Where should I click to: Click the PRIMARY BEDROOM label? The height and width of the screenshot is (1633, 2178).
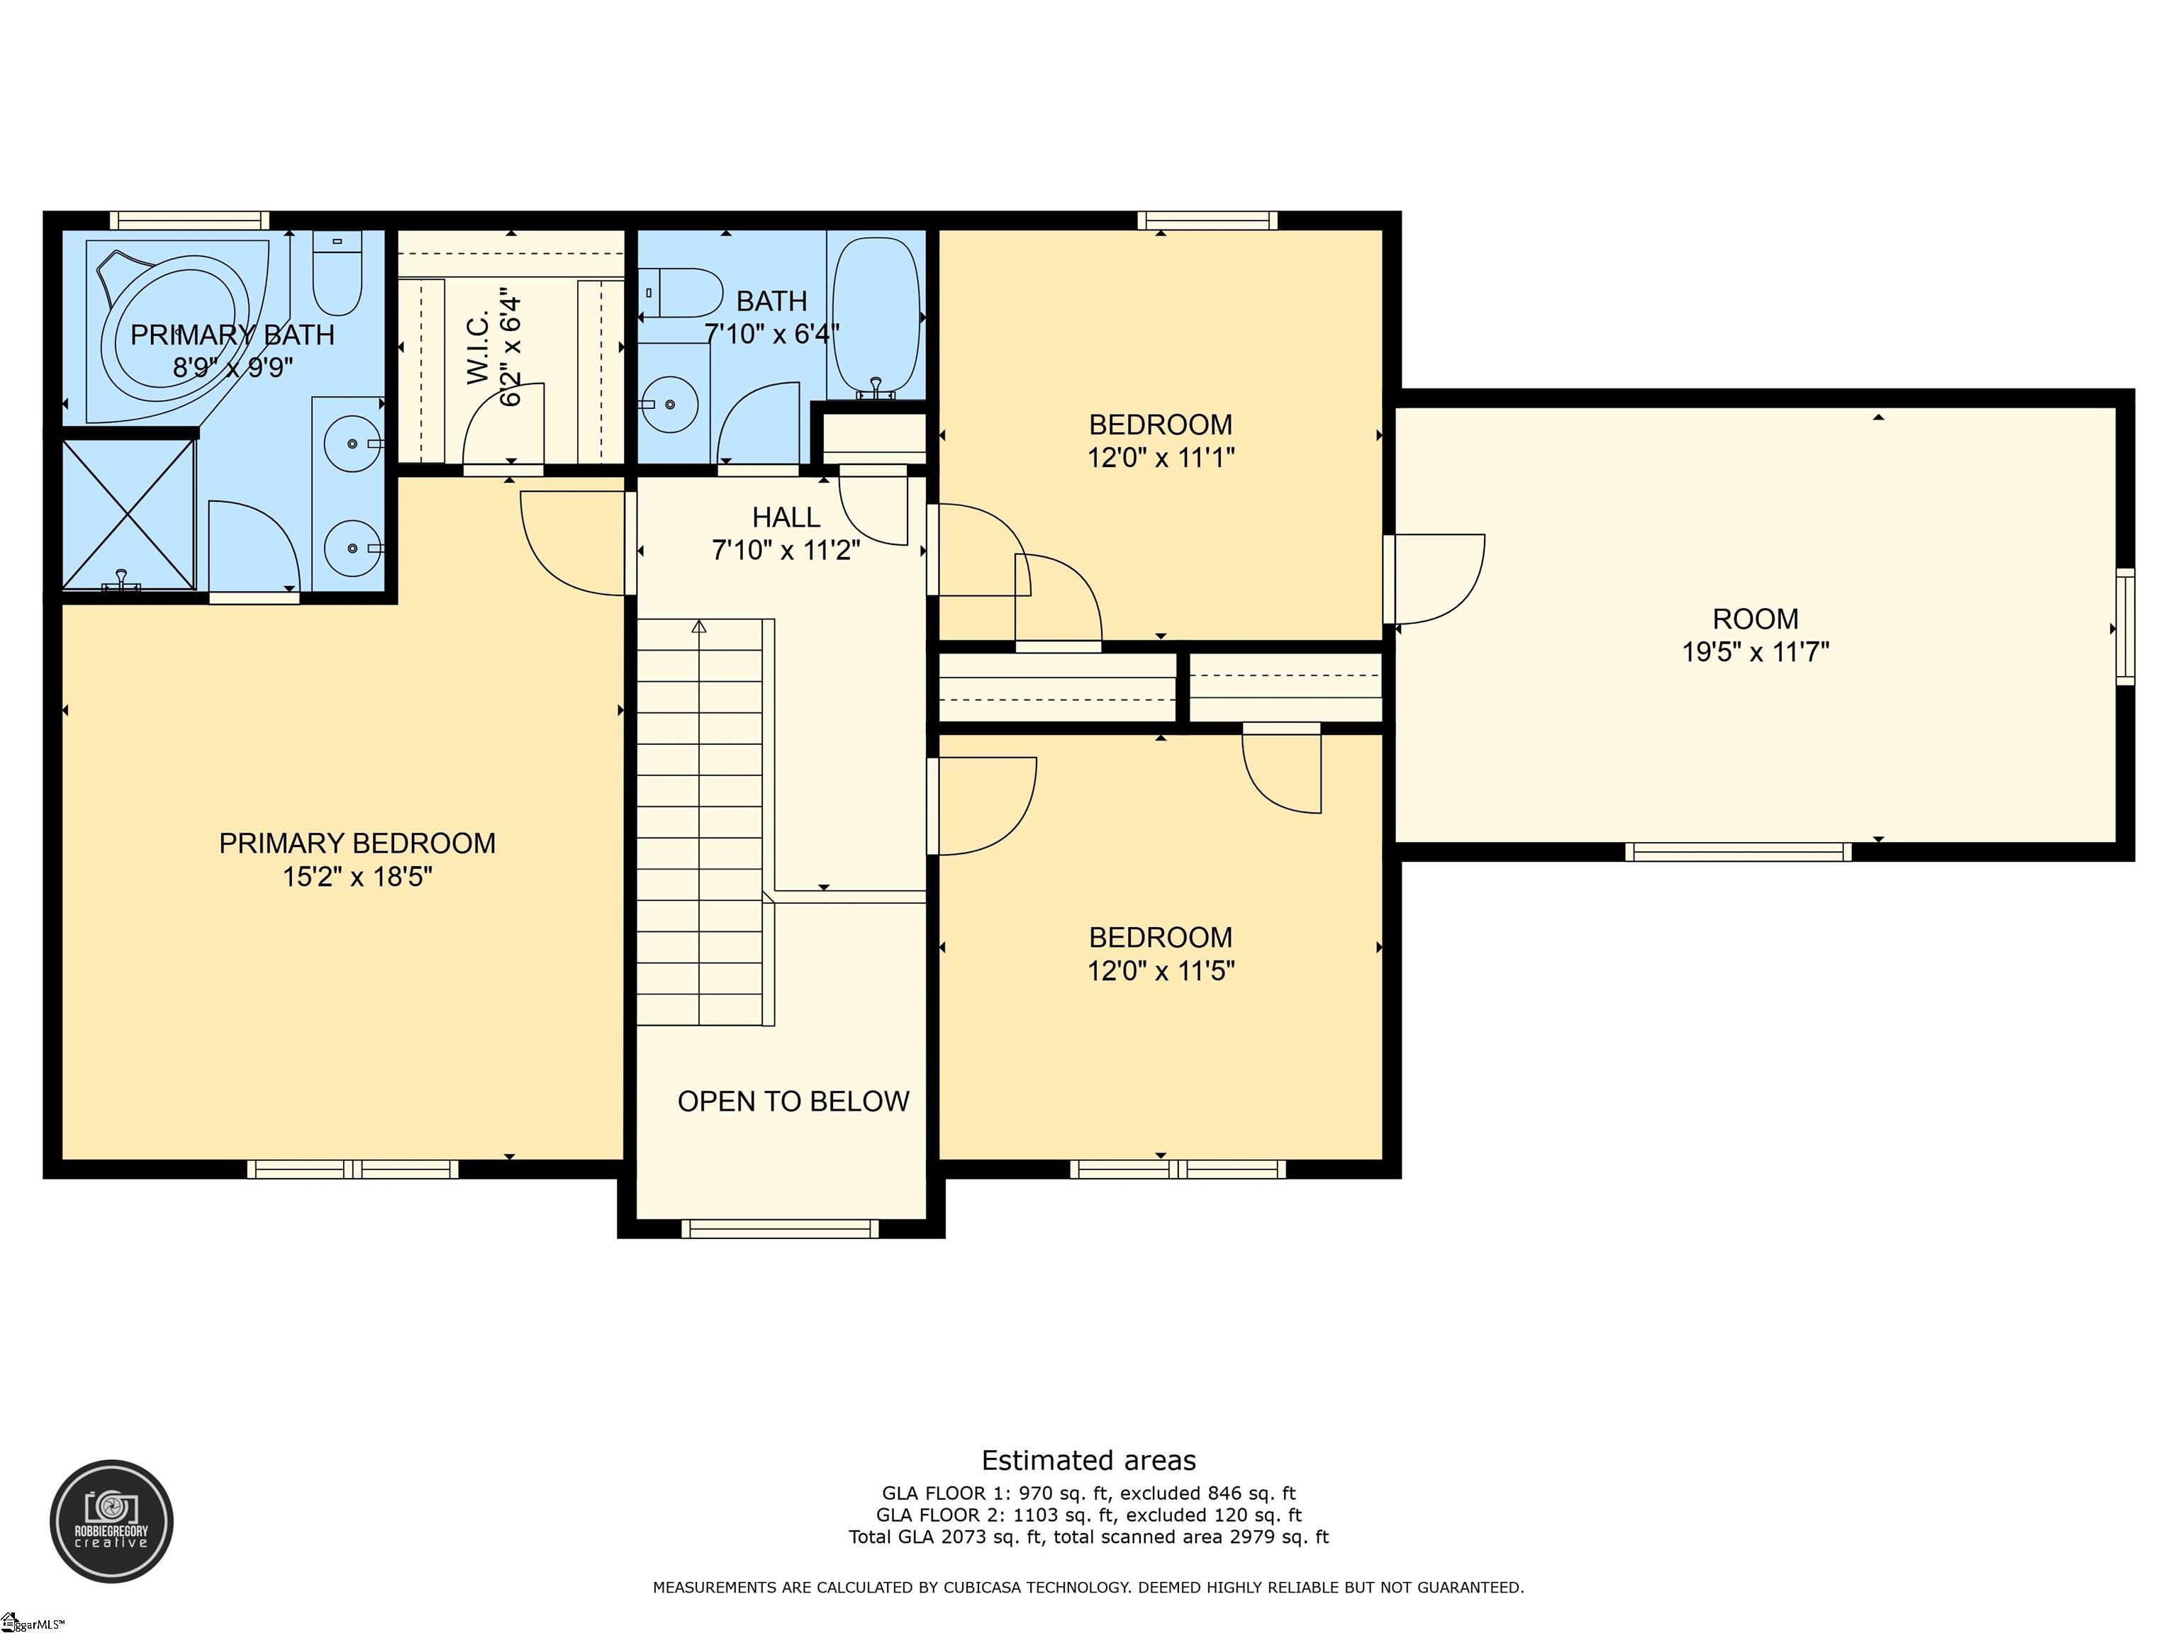pyautogui.click(x=357, y=843)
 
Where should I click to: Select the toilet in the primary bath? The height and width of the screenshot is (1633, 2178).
pyautogui.click(x=337, y=273)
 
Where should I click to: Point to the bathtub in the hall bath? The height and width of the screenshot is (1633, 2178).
pyautogui.click(x=876, y=317)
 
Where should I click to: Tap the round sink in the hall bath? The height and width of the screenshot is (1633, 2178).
pyautogui.click(x=669, y=403)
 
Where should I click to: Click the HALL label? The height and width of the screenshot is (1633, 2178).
pyautogui.click(x=786, y=517)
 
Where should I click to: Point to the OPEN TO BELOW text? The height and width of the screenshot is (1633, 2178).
pyautogui.click(x=793, y=1101)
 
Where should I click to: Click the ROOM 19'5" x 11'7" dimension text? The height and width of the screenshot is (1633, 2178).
pyautogui.click(x=1755, y=651)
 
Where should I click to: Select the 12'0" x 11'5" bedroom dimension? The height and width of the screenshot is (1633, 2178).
pyautogui.click(x=1161, y=970)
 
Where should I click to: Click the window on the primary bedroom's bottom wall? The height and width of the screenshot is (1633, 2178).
pyautogui.click(x=352, y=1169)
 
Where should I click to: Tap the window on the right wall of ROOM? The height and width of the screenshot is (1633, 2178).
pyautogui.click(x=2126, y=627)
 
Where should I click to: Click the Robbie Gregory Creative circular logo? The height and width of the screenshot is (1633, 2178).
pyautogui.click(x=111, y=1521)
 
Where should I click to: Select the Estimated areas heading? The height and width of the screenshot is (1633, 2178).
pyautogui.click(x=1089, y=1461)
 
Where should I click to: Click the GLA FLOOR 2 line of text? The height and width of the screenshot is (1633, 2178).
pyautogui.click(x=1089, y=1515)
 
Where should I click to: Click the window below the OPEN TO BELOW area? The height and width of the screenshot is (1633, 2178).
pyautogui.click(x=780, y=1228)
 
